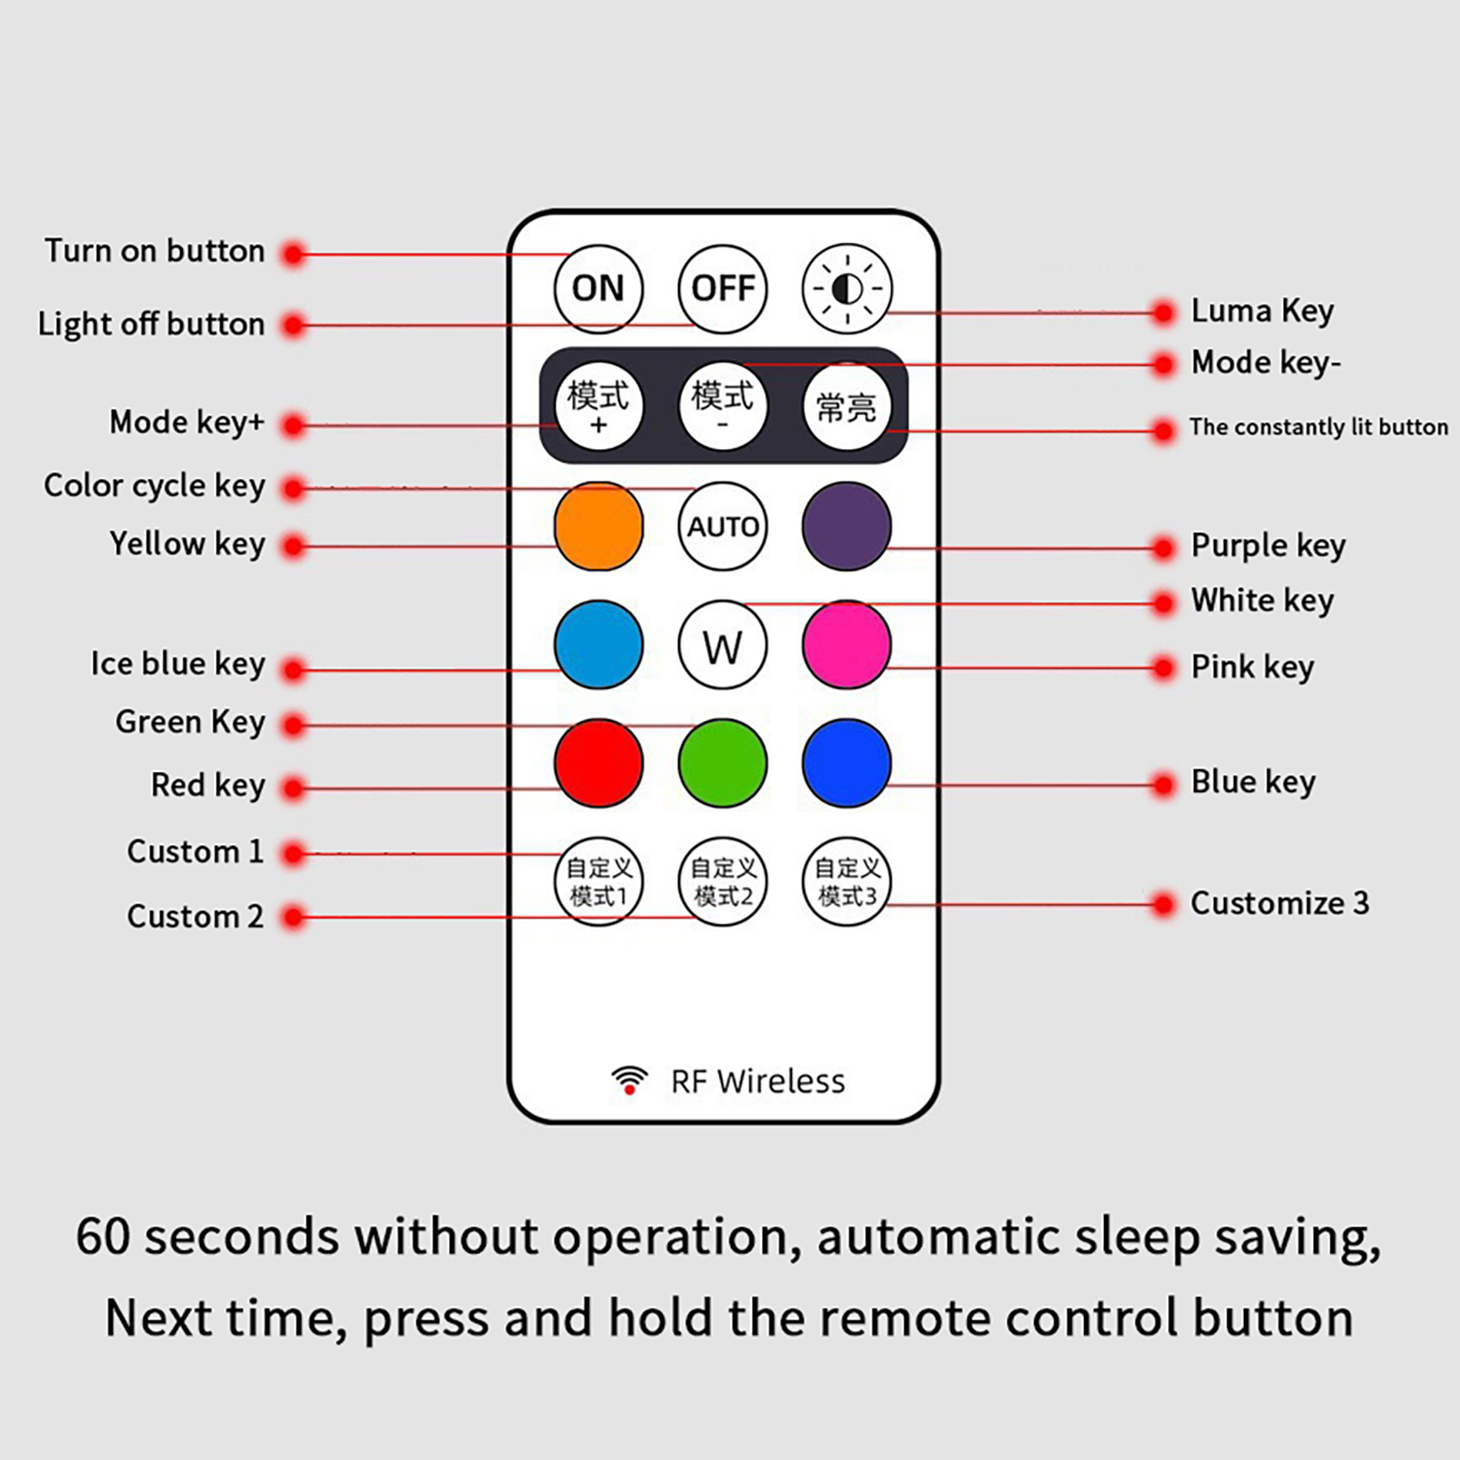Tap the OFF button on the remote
pos(723,288)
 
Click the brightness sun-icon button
pos(847,288)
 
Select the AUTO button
pos(723,527)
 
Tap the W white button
pos(723,645)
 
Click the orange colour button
pos(599,527)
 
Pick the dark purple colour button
pos(847,527)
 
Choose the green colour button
pos(723,763)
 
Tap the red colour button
pos(599,763)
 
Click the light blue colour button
pos(599,645)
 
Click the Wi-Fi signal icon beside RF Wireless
pos(630,1079)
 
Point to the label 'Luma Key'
pos(1262,311)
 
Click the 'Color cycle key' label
pos(154,485)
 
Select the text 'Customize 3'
pos(1279,903)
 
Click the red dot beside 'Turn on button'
pos(293,254)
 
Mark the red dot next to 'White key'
pos(1163,603)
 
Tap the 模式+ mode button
pos(599,406)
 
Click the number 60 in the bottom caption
pos(103,1237)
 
